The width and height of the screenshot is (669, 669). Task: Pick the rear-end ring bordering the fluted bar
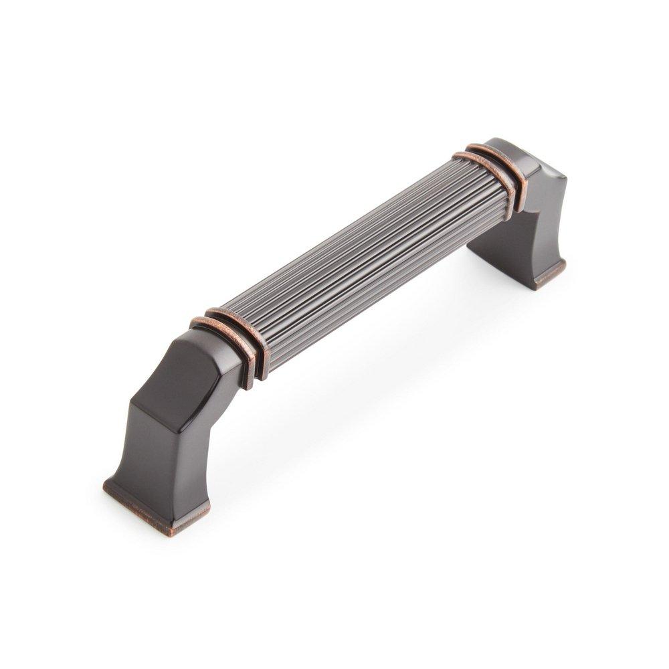click(x=480, y=175)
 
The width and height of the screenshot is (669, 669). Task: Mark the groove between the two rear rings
click(x=490, y=170)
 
